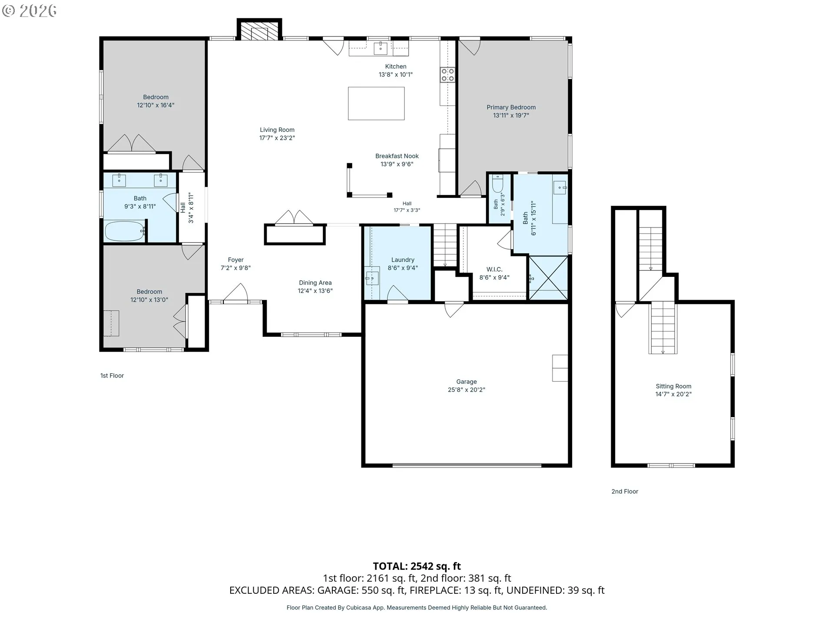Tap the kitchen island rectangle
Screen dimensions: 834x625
click(376, 103)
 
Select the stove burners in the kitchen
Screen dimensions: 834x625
click(447, 75)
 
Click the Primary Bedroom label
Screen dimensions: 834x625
click(511, 107)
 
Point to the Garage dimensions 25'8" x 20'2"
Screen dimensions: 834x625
click(467, 390)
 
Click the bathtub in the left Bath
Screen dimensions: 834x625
click(125, 231)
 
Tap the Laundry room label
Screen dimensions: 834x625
click(403, 260)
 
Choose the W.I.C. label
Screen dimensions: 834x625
click(494, 269)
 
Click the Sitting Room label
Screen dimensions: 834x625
click(673, 386)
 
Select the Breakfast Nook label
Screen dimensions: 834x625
click(397, 156)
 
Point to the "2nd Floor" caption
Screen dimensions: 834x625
click(625, 491)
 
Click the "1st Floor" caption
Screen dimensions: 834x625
click(112, 375)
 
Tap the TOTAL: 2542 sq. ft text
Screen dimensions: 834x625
click(417, 566)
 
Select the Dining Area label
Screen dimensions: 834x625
click(315, 283)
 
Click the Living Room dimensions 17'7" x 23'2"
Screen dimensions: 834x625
click(277, 138)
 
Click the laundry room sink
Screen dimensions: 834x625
click(372, 277)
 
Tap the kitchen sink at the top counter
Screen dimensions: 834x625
click(381, 48)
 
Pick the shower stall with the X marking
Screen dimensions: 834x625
click(548, 278)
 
